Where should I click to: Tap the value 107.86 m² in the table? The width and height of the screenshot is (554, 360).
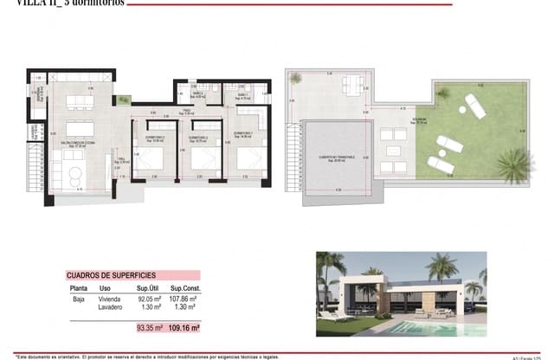[186, 299]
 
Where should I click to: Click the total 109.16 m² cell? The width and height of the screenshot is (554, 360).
[185, 328]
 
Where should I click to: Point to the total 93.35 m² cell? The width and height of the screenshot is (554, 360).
[150, 328]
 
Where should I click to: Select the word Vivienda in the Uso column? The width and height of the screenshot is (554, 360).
[111, 299]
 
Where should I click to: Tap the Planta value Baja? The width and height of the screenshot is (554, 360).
[76, 299]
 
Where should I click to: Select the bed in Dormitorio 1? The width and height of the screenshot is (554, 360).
[250, 158]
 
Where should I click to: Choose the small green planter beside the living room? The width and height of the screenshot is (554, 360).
[125, 100]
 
